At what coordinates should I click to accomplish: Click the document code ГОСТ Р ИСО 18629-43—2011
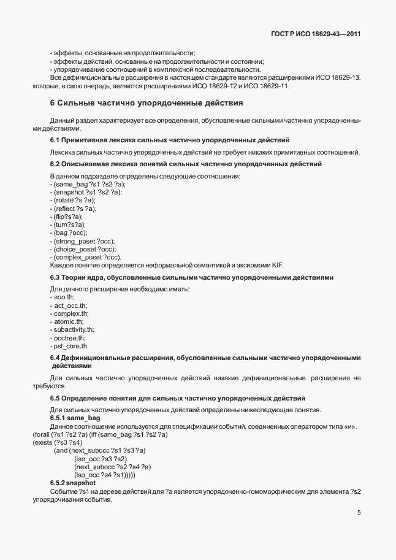[315, 34]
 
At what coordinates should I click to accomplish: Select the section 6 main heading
[147, 102]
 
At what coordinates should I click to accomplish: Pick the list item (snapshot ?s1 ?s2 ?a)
[87, 192]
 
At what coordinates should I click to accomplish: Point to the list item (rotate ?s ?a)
[74, 201]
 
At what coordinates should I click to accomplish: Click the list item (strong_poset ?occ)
[84, 241]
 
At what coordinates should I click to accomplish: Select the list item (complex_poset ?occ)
[87, 257]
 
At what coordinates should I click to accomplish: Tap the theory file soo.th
[64, 297]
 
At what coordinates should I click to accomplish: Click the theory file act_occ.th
[70, 305]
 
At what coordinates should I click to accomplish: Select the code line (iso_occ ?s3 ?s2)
[100, 459]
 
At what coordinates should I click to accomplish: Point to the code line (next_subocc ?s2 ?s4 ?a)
[112, 467]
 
